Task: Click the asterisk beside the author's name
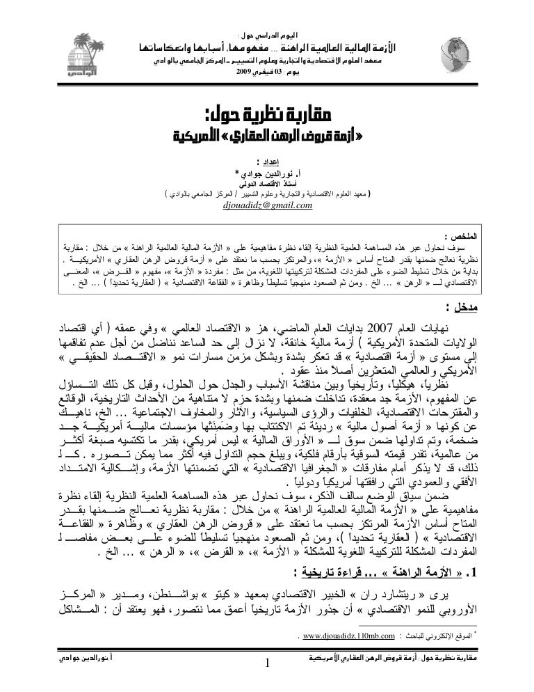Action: [x=238, y=171]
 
